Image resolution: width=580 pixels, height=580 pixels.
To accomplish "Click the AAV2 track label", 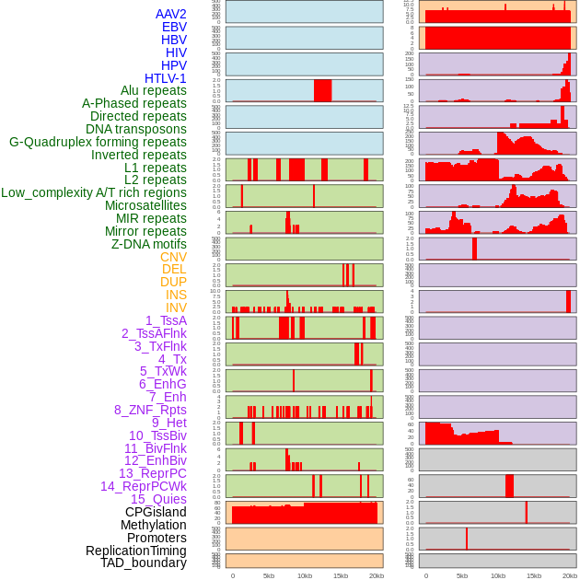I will pyautogui.click(x=170, y=14).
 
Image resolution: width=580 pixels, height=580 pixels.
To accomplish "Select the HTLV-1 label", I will pyautogui.click(x=165, y=78).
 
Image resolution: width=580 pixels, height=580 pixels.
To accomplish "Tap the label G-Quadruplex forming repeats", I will pyautogui.click(x=98, y=142).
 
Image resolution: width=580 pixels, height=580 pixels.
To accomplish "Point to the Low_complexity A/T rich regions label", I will pyautogui.click(x=94, y=192).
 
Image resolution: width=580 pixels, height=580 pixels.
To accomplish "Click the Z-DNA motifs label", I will pyautogui.click(x=148, y=244).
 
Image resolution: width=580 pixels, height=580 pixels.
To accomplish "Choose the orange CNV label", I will pyautogui.click(x=173, y=257).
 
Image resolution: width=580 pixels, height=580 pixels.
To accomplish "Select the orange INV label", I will pyautogui.click(x=176, y=307).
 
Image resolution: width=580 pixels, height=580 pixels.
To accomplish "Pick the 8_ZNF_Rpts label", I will pyautogui.click(x=150, y=410).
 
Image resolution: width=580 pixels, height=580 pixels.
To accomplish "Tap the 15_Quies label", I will pyautogui.click(x=158, y=499).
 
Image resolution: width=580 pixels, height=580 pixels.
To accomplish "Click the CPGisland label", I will pyautogui.click(x=156, y=512).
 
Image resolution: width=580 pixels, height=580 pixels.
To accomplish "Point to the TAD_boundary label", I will pyautogui.click(x=143, y=563).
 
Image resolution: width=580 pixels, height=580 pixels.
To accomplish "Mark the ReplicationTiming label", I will pyautogui.click(x=135, y=551).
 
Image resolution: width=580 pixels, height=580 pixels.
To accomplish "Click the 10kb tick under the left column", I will pyautogui.click(x=304, y=575).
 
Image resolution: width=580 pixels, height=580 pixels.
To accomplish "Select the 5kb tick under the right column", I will pyautogui.click(x=461, y=575).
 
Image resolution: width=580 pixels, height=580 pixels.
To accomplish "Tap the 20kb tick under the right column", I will pyautogui.click(x=570, y=575).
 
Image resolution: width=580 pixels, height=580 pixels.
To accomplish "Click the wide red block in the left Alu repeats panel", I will pyautogui.click(x=322, y=91).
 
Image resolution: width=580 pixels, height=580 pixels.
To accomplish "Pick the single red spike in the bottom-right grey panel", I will pyautogui.click(x=467, y=539).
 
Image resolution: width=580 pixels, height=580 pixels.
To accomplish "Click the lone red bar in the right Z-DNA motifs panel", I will pyautogui.click(x=474, y=249).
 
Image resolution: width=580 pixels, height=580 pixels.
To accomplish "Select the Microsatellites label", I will pyautogui.click(x=145, y=205).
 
